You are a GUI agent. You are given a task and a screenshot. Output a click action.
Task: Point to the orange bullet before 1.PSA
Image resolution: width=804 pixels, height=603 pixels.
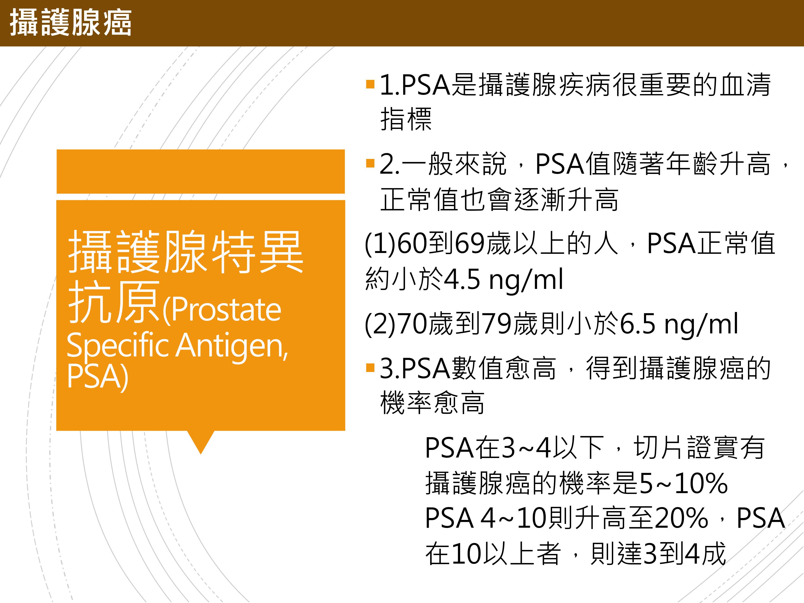(370, 85)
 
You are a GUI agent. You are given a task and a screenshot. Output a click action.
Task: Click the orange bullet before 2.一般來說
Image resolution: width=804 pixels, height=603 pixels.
(370, 163)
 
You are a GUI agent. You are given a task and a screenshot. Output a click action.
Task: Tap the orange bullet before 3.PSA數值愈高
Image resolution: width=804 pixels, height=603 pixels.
(370, 368)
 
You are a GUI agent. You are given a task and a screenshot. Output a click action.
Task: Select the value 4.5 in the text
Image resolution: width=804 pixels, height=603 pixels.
(462, 280)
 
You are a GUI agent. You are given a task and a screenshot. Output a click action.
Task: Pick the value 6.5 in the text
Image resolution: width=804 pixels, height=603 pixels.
(638, 323)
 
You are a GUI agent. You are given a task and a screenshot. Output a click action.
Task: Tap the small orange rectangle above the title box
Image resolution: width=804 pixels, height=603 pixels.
(201, 171)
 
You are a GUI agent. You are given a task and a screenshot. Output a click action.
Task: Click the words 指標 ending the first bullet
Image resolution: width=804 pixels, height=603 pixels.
(406, 119)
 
